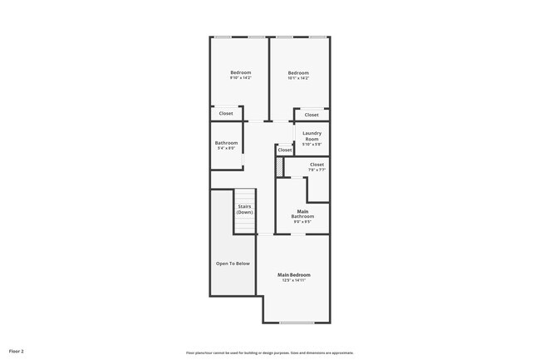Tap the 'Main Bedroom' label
(x=294, y=274)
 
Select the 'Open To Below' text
(x=233, y=264)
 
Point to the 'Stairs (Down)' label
(x=244, y=209)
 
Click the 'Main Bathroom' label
(x=302, y=214)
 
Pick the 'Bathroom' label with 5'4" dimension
(x=226, y=143)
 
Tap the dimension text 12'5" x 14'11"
(x=294, y=280)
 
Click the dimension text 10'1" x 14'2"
(x=298, y=78)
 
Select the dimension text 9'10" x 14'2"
(x=240, y=78)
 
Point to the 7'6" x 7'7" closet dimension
(x=317, y=170)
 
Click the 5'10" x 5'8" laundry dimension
(x=312, y=145)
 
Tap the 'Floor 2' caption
(x=17, y=352)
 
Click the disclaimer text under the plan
(x=269, y=352)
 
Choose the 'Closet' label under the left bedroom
(x=226, y=113)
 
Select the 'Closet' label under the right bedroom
(x=311, y=115)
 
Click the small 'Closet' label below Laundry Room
(x=285, y=150)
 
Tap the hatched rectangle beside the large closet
(x=280, y=167)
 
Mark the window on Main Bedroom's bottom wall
(x=297, y=323)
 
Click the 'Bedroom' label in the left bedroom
(x=240, y=72)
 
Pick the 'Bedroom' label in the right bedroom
(x=298, y=72)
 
